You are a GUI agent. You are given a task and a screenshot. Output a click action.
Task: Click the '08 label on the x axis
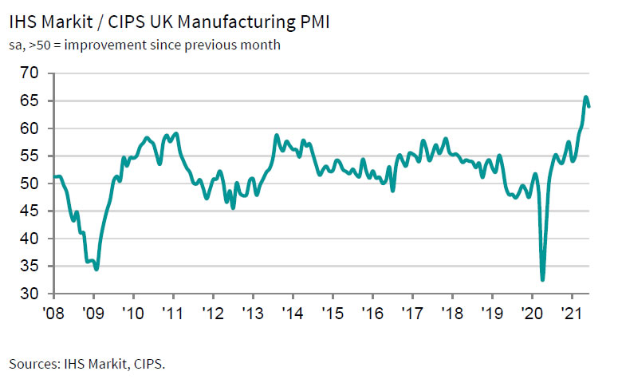(x=53, y=313)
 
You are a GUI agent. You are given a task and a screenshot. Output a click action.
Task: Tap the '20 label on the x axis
(x=531, y=313)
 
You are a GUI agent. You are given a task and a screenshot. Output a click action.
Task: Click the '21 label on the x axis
(x=571, y=313)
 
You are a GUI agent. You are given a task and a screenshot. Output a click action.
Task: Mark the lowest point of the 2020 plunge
(x=543, y=280)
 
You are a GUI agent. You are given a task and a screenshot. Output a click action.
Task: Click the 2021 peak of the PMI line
(x=586, y=97)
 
